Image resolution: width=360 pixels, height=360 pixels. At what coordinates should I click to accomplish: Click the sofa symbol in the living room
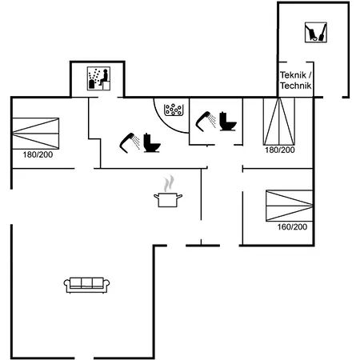86,285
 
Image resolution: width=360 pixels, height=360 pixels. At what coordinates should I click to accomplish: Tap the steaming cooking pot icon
168,191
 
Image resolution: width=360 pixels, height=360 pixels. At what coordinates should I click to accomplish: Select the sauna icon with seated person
98,78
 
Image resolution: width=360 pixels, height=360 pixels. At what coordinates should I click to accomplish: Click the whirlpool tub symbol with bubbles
174,110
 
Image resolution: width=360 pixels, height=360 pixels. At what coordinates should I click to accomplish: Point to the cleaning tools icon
316,32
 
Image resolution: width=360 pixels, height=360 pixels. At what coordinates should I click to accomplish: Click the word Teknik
293,75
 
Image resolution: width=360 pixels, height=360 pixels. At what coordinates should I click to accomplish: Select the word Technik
296,86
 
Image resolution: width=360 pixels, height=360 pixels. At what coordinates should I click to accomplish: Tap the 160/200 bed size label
292,227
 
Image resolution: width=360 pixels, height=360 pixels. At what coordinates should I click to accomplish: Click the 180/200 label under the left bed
38,154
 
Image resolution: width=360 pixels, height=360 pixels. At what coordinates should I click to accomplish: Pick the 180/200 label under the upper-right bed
280,150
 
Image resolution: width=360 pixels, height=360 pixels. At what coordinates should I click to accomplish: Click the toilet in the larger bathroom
152,143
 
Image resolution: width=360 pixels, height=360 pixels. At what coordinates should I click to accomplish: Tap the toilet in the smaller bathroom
228,122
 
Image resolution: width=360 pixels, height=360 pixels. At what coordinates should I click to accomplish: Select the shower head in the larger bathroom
130,143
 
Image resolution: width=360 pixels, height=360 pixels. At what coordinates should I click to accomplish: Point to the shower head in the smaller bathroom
206,122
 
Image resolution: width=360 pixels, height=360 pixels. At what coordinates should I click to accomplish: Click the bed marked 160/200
290,206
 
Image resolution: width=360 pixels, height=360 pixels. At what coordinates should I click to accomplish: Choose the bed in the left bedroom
36,134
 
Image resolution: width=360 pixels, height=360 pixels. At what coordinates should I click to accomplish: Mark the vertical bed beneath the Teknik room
279,122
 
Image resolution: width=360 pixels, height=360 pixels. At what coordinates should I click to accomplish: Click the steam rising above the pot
169,183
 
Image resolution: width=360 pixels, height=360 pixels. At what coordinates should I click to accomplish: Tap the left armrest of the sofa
66,284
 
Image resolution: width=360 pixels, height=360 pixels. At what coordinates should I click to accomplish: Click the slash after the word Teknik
310,75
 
